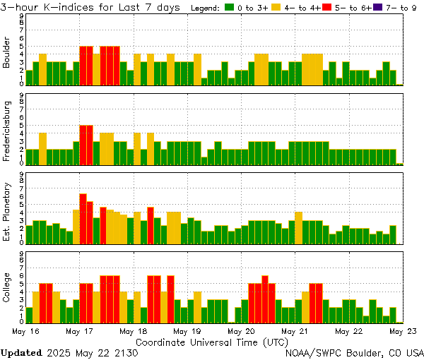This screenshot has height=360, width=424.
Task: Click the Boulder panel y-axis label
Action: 7,54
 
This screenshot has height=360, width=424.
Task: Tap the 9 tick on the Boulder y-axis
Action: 22,16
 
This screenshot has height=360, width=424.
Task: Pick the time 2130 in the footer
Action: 126,352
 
